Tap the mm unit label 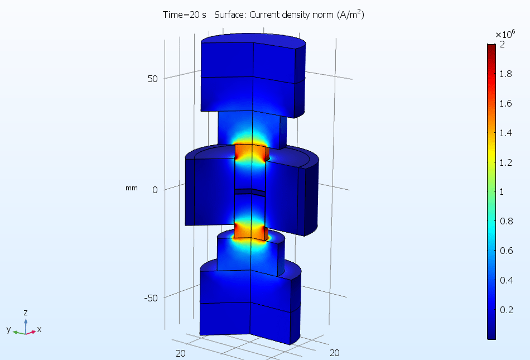pyautogui.click(x=131, y=188)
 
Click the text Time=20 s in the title pyautogui.click(x=185, y=15)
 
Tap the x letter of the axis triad pyautogui.click(x=39, y=329)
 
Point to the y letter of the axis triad pyautogui.click(x=9, y=329)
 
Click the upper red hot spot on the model pyautogui.click(x=252, y=152)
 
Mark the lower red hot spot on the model pyautogui.click(x=252, y=230)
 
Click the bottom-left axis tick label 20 pyautogui.click(x=181, y=352)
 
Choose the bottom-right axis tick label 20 pyautogui.click(x=335, y=352)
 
